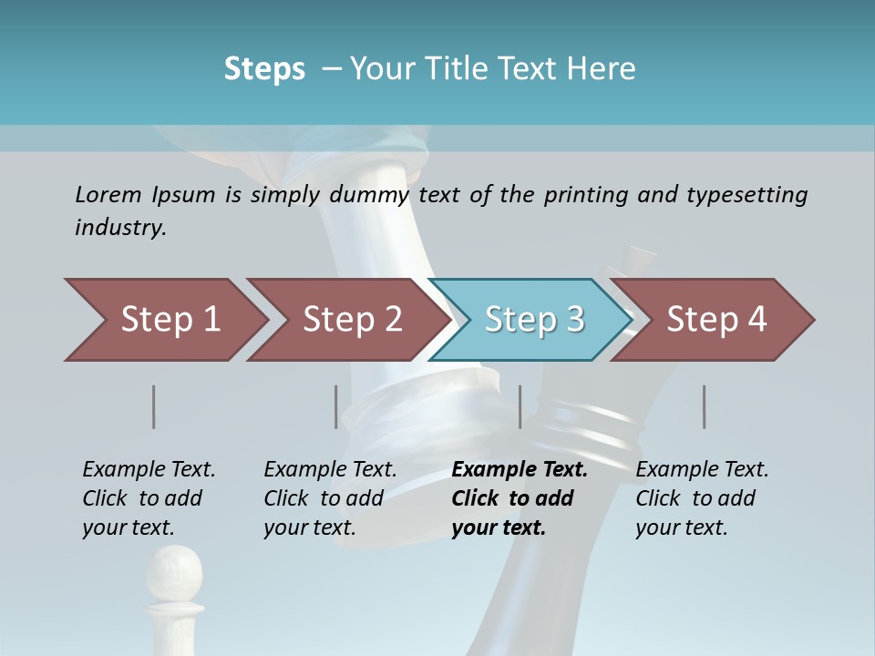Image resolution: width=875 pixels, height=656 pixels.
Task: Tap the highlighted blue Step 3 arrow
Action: [x=534, y=320]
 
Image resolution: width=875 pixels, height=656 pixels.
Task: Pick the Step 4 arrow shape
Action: [x=716, y=320]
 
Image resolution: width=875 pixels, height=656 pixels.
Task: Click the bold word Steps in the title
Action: [x=264, y=68]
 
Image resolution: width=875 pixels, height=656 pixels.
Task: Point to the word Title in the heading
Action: [x=453, y=68]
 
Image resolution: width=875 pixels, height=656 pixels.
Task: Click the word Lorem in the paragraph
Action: [x=108, y=194]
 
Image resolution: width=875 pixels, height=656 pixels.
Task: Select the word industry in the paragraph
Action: [x=120, y=228]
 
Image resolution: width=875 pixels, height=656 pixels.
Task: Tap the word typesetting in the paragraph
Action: [x=746, y=195]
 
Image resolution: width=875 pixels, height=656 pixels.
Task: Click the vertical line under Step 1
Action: [x=154, y=406]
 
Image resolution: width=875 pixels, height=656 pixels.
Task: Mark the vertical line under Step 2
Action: [x=336, y=406]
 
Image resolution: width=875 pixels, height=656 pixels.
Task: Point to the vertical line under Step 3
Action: [x=520, y=406]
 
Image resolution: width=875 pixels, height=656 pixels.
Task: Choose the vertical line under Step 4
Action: [x=705, y=406]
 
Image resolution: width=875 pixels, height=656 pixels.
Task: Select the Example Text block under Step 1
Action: [x=149, y=498]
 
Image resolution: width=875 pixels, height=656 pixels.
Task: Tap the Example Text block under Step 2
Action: [x=330, y=498]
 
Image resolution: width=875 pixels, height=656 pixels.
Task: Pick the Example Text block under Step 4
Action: [x=702, y=498]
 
